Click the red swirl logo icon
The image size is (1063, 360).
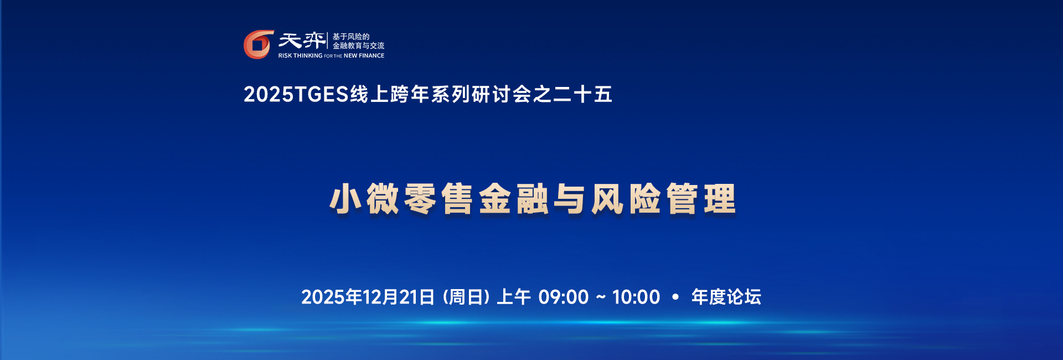click(259, 44)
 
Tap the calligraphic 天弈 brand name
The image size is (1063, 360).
click(302, 41)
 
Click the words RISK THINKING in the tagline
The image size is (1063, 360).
click(300, 56)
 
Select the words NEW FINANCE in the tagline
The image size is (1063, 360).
click(364, 56)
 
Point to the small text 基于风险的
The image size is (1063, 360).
click(350, 37)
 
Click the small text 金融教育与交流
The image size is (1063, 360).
click(358, 46)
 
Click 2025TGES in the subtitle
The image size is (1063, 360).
click(296, 95)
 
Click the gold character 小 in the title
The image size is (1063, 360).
click(345, 199)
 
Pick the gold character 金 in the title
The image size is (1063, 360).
click(494, 199)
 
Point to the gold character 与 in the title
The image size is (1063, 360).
click(569, 199)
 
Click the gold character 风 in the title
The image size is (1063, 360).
click(607, 199)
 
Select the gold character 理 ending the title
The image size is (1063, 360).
click(720, 199)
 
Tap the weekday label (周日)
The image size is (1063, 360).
click(466, 297)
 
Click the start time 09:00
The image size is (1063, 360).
click(563, 297)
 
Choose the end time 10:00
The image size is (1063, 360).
click(636, 297)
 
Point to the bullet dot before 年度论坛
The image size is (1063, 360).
click(675, 297)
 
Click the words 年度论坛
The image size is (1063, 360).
click(726, 297)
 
